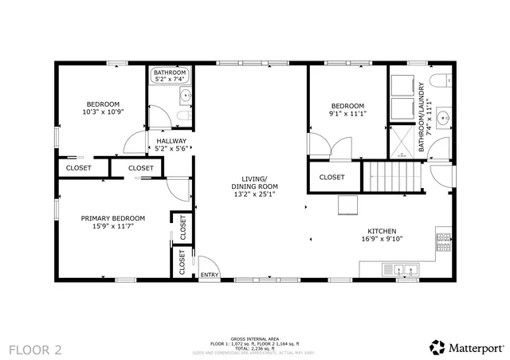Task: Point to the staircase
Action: point(393,175)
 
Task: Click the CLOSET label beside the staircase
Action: point(331,177)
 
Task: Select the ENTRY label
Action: point(209,275)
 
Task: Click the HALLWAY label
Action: point(171,141)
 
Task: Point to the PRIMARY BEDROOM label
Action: point(112,218)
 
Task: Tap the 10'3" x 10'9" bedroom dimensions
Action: point(103,113)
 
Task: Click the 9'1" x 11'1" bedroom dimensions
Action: point(347,114)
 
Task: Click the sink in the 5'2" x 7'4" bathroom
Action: point(185,97)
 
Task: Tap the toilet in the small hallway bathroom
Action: point(182,119)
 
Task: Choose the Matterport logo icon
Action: point(437,346)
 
